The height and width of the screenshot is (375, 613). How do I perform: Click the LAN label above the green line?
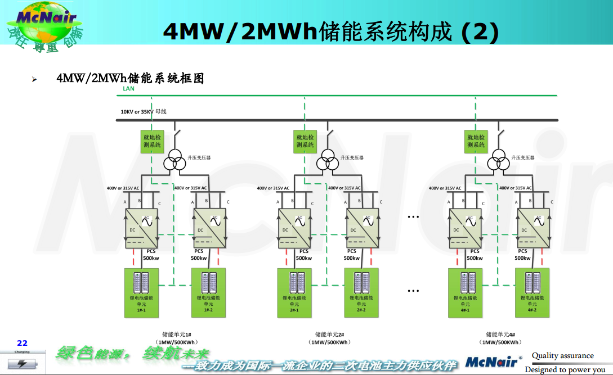(128, 89)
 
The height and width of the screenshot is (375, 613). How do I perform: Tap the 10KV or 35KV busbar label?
(143, 111)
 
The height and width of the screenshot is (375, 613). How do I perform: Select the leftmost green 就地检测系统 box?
(152, 141)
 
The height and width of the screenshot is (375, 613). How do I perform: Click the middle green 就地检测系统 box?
(305, 141)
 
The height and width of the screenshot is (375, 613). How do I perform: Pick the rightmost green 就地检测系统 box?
(476, 141)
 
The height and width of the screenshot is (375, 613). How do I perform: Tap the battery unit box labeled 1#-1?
(141, 293)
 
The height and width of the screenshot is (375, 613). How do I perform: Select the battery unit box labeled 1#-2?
(208, 293)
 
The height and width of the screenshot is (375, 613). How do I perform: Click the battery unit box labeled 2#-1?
(294, 293)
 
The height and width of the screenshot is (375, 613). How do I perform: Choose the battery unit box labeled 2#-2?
(361, 293)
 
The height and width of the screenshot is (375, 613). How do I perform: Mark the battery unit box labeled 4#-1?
(465, 293)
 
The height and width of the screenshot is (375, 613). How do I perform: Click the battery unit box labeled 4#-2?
(533, 293)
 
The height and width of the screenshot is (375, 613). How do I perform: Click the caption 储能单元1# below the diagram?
(177, 334)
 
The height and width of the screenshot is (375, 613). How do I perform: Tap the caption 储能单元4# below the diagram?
(500, 334)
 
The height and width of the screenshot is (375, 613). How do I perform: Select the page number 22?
(23, 343)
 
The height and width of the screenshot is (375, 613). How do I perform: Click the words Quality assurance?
(562, 355)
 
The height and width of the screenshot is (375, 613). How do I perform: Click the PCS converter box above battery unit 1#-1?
(141, 228)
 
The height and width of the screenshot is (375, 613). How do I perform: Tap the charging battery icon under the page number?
(23, 362)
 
